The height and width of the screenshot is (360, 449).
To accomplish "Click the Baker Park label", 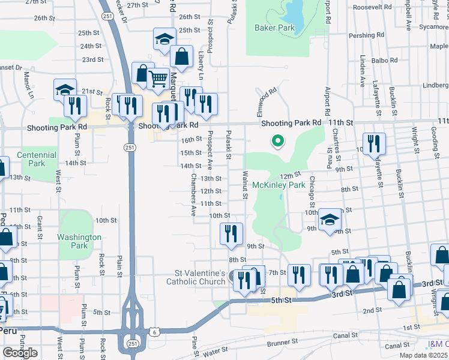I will coord(274,28).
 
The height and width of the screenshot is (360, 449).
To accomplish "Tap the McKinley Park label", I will coord(279,185).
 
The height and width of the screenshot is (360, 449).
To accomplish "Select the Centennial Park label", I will coord(37,159).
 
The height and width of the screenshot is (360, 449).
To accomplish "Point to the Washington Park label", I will coord(80,241).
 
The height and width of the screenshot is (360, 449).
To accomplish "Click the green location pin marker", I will coord(278,141).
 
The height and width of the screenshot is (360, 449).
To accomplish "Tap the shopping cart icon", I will coord(158,78).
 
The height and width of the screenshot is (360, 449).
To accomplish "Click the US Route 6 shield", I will coord(155,331).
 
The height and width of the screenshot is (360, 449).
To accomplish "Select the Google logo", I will coord(20,353).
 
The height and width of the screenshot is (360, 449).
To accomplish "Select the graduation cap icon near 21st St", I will coord(65,89).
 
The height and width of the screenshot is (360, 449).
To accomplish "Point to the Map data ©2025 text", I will coord(423,356).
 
